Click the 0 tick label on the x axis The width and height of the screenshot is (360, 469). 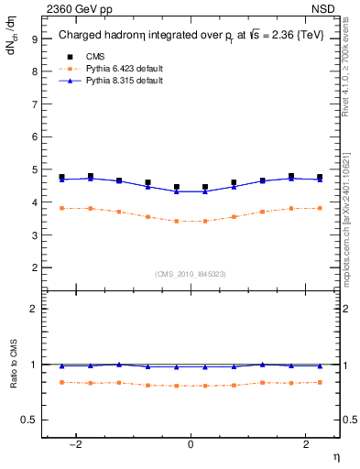(x=191, y=444)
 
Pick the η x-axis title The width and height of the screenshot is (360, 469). (x=336, y=456)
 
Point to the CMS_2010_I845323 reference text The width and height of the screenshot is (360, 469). (x=191, y=273)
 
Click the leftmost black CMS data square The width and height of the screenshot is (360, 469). (x=61, y=177)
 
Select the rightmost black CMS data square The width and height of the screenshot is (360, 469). (x=320, y=177)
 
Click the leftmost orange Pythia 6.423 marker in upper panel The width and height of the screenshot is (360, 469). (x=61, y=208)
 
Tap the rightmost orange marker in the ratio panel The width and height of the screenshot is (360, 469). (x=320, y=382)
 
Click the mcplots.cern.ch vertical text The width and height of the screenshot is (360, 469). (x=351, y=220)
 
